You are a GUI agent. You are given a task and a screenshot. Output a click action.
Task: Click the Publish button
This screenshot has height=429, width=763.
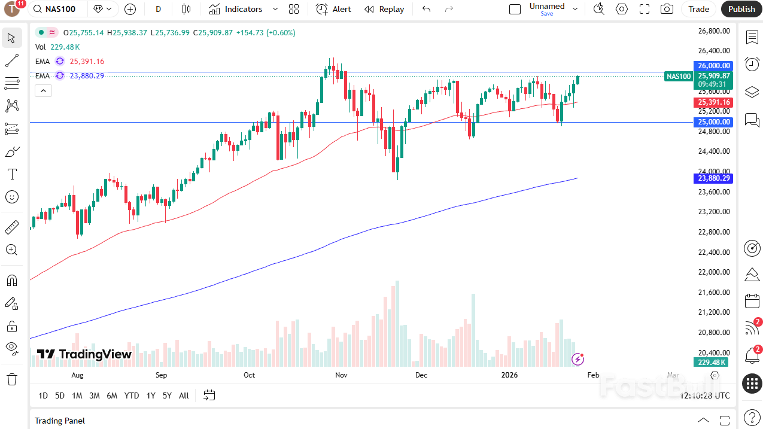pos(741,9)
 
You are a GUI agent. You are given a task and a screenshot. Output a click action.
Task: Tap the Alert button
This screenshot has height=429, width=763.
pos(334,9)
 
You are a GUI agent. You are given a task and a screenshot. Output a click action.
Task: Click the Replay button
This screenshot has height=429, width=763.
pos(384,9)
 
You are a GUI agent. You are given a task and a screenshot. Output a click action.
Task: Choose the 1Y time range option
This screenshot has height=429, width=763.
pos(151,395)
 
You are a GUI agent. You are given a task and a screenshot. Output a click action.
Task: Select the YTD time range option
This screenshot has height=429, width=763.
pos(131,395)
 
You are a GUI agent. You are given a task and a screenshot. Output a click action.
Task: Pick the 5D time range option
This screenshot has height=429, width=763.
pos(60,395)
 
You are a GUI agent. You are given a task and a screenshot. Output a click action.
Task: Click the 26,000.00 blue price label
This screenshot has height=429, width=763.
pos(713,66)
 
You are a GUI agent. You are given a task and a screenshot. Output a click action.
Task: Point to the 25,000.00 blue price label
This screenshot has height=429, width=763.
pos(713,122)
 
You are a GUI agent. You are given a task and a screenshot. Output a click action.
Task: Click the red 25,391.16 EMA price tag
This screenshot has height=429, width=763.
pos(713,102)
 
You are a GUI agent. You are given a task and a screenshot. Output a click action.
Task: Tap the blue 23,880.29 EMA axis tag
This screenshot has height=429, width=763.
pos(713,178)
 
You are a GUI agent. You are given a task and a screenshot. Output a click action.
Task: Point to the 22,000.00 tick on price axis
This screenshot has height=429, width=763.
pos(714,272)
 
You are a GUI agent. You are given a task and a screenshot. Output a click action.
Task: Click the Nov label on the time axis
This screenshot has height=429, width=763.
pos(341,375)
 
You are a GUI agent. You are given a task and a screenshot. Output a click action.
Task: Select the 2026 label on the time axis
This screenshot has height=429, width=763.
pos(509,375)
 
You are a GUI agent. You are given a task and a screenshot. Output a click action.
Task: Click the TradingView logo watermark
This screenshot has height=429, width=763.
pos(84,354)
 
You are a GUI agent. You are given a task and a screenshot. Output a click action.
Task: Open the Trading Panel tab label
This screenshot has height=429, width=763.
pos(60,421)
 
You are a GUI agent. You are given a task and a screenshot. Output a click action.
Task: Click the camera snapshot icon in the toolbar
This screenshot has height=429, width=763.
pos(667,9)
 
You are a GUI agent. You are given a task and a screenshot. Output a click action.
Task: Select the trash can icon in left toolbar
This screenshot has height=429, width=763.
pos(12,379)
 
